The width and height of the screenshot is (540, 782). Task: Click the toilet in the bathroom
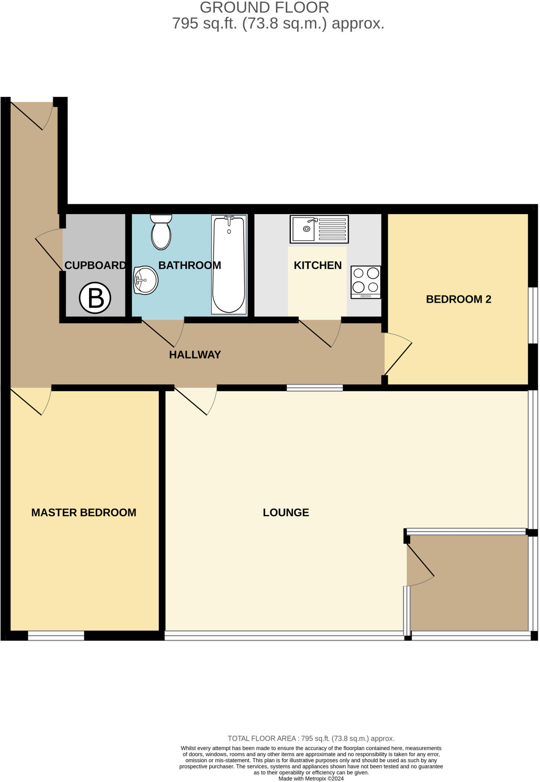pos(161,232)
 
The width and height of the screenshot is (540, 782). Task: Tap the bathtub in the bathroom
pos(229,265)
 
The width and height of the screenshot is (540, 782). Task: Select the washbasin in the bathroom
pos(146,280)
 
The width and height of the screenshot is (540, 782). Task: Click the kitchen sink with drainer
pos(319,229)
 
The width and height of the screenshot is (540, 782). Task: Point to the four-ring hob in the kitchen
pos(365,282)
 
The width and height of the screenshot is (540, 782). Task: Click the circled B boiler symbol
pos(95,298)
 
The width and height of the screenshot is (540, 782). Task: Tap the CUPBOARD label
pos(95,265)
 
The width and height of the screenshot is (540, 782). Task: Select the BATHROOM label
pos(189,265)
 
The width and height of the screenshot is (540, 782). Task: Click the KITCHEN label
pos(317,265)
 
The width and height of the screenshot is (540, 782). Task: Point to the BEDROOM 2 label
pos(458,299)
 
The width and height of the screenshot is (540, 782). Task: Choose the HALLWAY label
pos(195,355)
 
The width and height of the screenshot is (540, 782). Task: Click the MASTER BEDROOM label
pos(84,512)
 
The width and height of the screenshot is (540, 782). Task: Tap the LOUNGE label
pos(286,512)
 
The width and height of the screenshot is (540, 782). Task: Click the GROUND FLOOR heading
pos(264,8)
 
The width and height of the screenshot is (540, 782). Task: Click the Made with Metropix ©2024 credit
pos(311,779)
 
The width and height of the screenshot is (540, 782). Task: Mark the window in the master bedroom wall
pos(56,636)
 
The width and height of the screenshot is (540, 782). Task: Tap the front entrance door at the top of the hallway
pos(31,115)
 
